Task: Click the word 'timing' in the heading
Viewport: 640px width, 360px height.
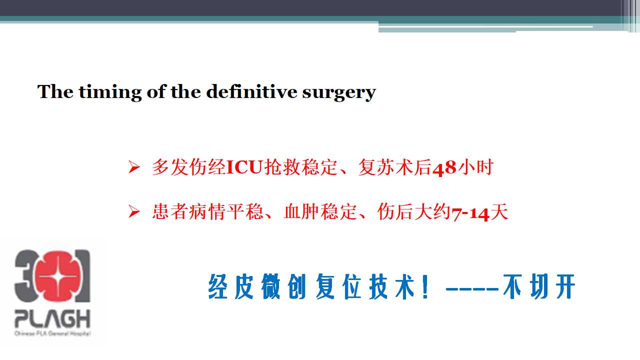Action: (110, 92)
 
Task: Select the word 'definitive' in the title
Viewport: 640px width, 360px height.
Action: (251, 91)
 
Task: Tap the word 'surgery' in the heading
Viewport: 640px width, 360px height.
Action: (339, 93)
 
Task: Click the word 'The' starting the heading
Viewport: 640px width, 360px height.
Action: (55, 91)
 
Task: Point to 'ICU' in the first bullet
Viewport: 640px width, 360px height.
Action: (244, 167)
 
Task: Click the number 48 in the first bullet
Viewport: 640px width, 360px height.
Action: (444, 168)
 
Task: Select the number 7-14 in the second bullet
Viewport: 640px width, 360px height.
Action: (470, 213)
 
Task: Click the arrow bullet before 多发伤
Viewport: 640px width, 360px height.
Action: (134, 167)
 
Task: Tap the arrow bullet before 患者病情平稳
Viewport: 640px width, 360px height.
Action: (134, 211)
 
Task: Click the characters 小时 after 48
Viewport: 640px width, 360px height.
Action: (475, 167)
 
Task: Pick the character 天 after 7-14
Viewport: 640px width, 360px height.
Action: (499, 212)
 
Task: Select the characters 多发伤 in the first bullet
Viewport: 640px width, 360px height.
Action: (179, 167)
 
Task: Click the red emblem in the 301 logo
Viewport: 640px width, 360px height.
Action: (58, 276)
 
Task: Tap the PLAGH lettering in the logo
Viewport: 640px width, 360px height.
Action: (52, 318)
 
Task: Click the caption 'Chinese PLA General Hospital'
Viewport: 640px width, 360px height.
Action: (52, 333)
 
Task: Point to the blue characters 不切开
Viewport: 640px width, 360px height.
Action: (539, 286)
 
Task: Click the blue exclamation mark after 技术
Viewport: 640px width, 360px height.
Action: (425, 286)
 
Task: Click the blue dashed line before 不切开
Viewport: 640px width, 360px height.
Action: (472, 289)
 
